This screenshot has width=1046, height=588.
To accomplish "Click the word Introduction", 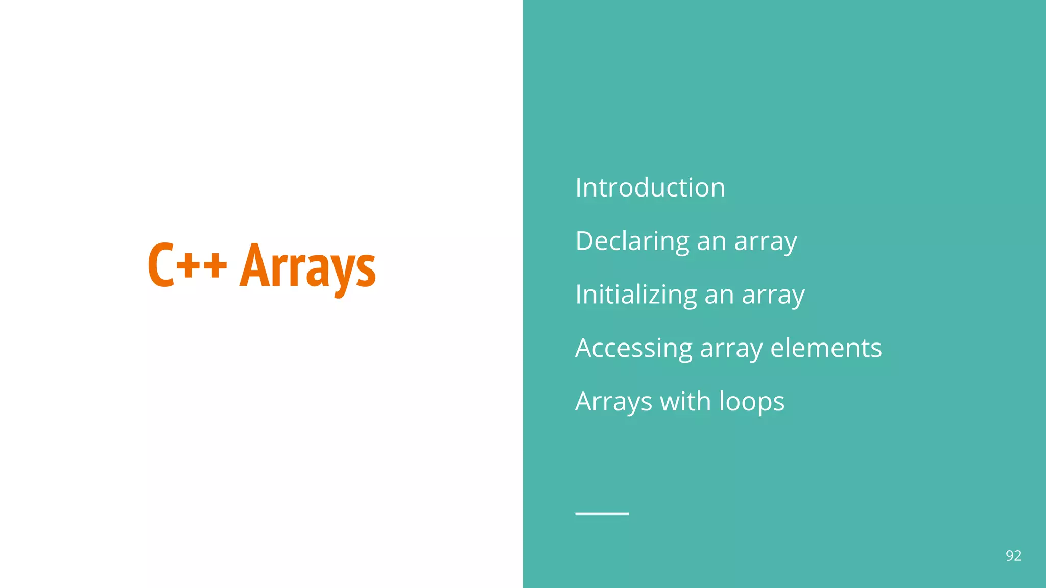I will click(x=650, y=187).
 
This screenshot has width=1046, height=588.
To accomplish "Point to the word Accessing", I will click(x=633, y=348).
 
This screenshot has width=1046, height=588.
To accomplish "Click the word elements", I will click(x=826, y=348).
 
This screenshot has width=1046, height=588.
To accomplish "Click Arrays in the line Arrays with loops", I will click(x=613, y=402).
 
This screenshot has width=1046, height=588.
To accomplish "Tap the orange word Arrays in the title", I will click(x=307, y=266).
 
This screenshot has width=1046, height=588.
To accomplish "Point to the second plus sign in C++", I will click(x=215, y=266).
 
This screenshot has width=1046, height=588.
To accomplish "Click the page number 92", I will click(x=1013, y=556).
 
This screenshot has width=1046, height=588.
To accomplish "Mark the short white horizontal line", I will click(x=602, y=513).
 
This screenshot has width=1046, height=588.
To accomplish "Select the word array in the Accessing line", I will click(x=731, y=349).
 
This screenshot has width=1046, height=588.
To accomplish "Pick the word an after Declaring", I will click(x=711, y=241).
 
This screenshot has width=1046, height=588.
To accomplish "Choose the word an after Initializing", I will click(x=719, y=295).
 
